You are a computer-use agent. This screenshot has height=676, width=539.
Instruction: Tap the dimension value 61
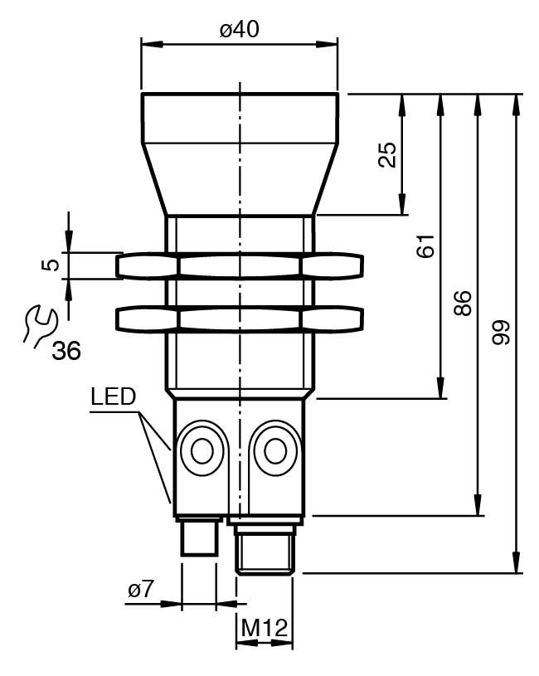tap(425, 247)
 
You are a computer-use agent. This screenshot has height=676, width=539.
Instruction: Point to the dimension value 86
tap(464, 303)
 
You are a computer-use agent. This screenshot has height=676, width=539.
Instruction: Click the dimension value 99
tap(501, 333)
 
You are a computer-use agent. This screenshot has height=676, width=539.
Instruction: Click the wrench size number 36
tap(66, 351)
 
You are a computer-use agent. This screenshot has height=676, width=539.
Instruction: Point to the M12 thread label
tap(264, 630)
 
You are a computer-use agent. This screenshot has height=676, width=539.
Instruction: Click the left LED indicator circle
tap(201, 451)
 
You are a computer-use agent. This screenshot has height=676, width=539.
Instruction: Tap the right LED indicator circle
tap(274, 450)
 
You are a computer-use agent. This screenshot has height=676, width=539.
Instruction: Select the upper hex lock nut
tap(240, 265)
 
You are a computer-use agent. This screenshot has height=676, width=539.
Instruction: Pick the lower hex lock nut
tap(240, 319)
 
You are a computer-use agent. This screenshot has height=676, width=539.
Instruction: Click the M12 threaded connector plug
tap(265, 547)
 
